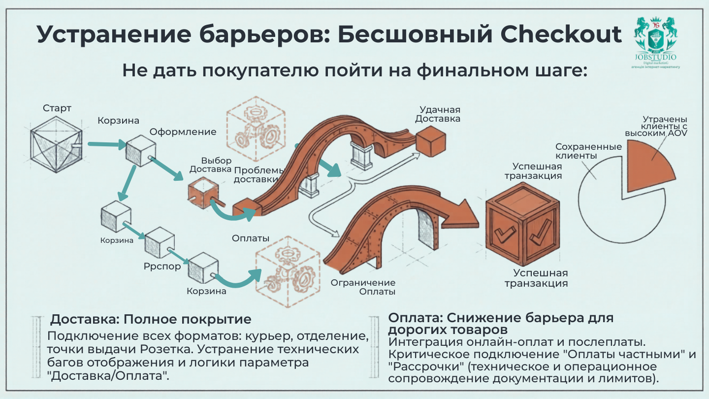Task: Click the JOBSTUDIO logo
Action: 655,42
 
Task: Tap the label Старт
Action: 57,108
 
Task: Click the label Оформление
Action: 183,132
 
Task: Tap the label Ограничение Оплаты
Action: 363,287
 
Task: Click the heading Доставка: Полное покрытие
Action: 151,319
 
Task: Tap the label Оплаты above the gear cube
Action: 250,238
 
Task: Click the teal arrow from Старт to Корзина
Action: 106,145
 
